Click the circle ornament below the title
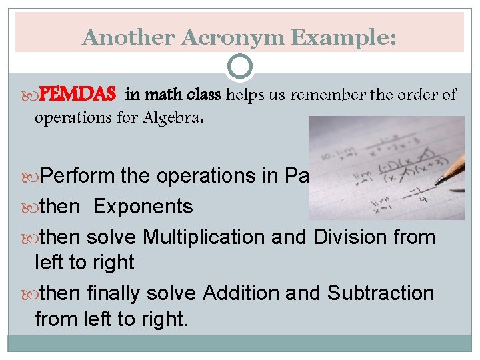pos(240,67)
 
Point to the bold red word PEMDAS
pos(79,95)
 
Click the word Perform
pos(78,176)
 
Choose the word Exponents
pos(143,207)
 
